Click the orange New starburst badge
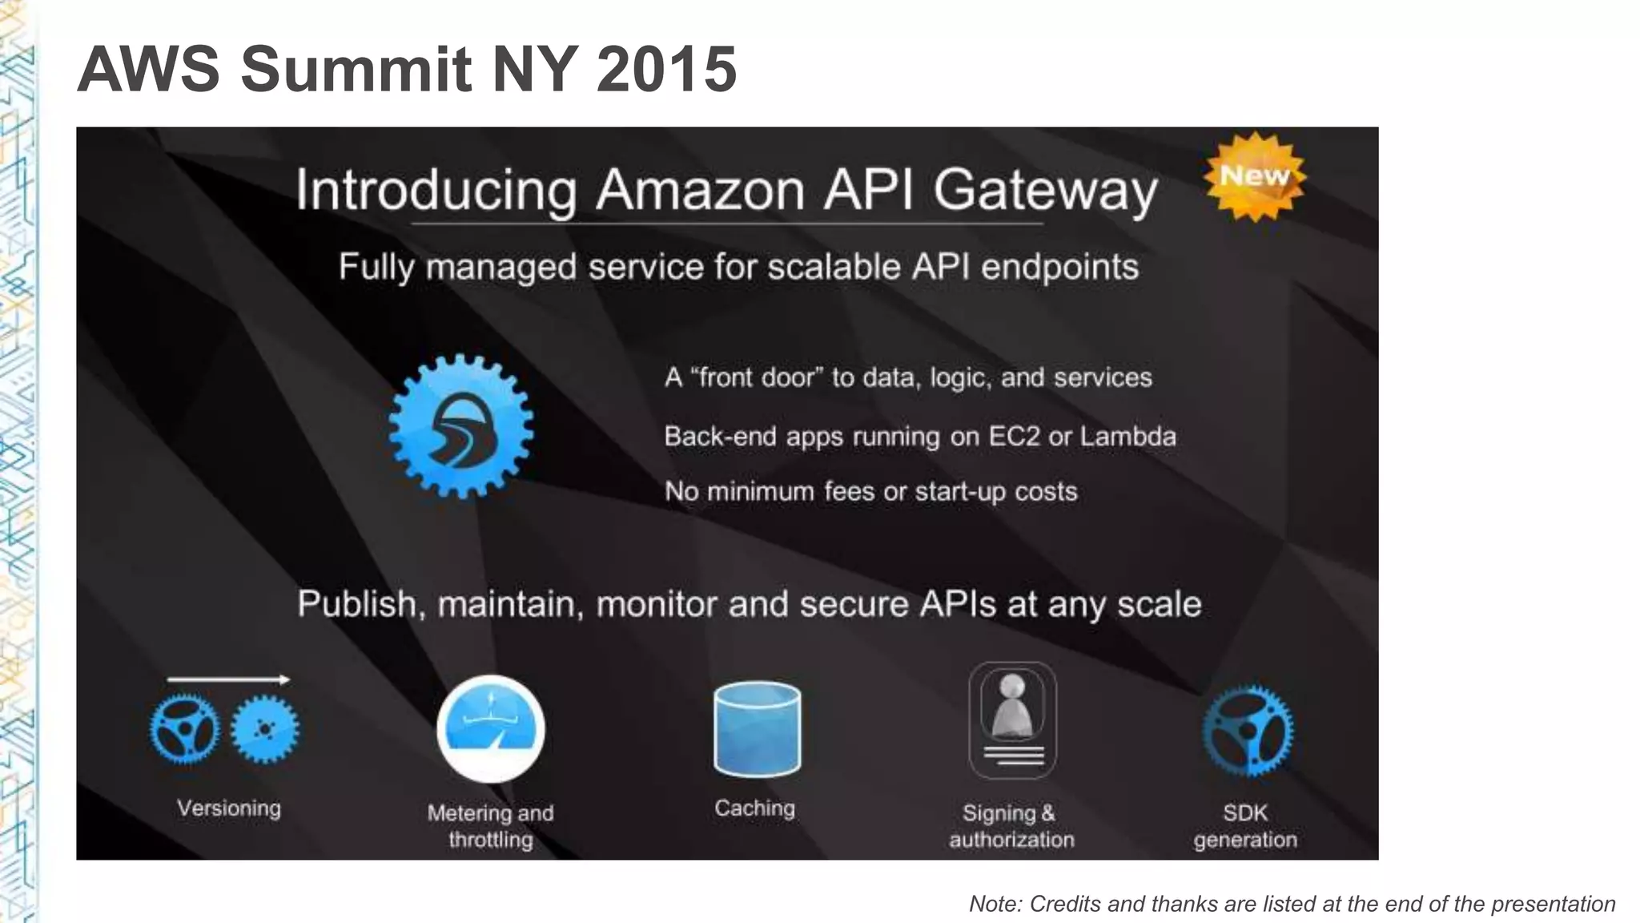point(1255,176)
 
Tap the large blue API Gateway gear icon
point(461,426)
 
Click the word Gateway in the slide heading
point(1045,191)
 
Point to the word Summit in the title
point(356,69)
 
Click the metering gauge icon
point(491,729)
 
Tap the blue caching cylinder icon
point(757,729)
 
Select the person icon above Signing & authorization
point(1012,705)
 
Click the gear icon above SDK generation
point(1247,732)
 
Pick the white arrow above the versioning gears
point(228,680)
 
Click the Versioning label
point(229,808)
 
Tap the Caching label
point(754,808)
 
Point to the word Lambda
point(1127,437)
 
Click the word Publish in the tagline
point(357,604)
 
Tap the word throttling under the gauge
point(491,840)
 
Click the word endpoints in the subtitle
point(1059,267)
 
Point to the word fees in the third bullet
point(849,491)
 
